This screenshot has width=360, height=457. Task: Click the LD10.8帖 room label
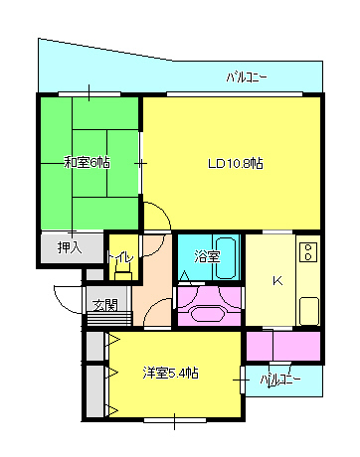point(236,163)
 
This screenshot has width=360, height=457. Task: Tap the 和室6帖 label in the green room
point(87,162)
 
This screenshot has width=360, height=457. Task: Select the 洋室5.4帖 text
point(171,373)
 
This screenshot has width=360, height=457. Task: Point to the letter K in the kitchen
point(277,281)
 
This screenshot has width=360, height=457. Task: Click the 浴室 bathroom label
point(207,256)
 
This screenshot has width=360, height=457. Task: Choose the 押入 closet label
point(70,247)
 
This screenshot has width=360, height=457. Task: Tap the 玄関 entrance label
point(105,305)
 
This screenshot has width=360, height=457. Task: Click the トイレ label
point(120,257)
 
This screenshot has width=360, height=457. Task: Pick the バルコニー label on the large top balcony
point(247,77)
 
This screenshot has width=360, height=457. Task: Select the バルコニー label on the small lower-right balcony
point(280,380)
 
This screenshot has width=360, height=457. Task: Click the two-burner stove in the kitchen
point(308,252)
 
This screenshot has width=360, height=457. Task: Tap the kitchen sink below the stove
point(309,311)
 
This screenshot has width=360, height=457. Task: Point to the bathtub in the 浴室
point(226,258)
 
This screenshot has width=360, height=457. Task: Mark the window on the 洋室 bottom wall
point(175,420)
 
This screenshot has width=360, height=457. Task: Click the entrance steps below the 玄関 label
point(109,319)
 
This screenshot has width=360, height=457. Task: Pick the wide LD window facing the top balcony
point(235,94)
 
